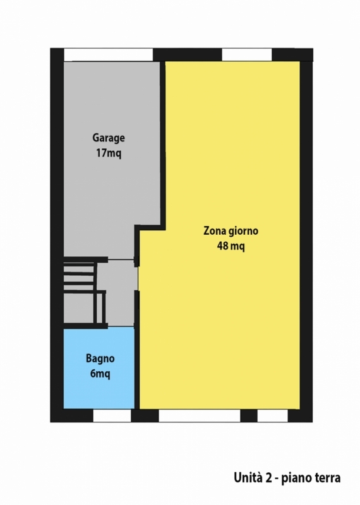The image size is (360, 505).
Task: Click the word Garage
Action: coord(109,138)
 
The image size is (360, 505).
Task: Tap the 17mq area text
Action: coord(109,153)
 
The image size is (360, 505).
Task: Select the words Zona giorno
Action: coord(231,231)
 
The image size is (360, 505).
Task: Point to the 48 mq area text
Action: coord(231,246)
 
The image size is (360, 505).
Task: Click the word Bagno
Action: coord(100,359)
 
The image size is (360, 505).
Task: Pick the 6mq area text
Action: coord(100,374)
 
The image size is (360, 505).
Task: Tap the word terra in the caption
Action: coord(327,478)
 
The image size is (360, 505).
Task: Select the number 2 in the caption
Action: coord(268,478)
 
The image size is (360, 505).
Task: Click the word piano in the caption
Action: coord(295,479)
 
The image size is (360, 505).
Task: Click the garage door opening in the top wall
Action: coord(108,55)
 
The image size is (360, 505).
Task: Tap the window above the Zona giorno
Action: coord(247,55)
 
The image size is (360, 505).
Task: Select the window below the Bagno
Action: coord(112,416)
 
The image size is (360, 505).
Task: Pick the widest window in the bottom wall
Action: coord(200,416)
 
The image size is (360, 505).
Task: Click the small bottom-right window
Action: coord(272,416)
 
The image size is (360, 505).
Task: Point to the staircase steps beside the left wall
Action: coord(80,276)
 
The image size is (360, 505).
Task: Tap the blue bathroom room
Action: coord(99,368)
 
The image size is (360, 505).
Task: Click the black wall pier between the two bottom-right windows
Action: coord(249,416)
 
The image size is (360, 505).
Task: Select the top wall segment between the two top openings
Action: coord(187,55)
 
